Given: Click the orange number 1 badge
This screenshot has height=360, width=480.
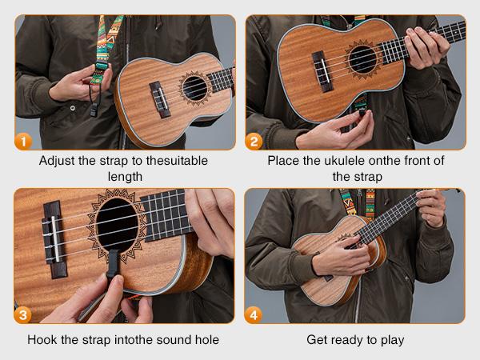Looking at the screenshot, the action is click(23, 142).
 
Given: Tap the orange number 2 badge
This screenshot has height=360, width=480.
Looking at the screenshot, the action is click(254, 142).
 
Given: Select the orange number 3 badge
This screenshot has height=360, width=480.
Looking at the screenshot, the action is click(23, 314).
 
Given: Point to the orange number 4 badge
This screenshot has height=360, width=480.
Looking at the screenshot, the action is click(254, 314).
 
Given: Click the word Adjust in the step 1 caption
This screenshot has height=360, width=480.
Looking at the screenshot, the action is click(57, 161).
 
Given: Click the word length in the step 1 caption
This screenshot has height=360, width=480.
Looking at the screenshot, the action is click(125, 177).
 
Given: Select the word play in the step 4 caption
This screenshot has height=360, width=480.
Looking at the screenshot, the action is click(393, 341).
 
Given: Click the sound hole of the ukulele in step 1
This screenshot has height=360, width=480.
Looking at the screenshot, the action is click(194, 89).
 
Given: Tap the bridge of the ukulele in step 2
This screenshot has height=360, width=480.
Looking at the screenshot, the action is click(322, 71).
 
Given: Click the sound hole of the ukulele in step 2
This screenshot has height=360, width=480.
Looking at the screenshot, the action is click(362, 59).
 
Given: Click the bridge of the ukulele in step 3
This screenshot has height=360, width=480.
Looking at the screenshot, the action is click(54, 239).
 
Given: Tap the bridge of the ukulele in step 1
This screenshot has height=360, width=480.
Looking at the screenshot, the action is click(160, 99).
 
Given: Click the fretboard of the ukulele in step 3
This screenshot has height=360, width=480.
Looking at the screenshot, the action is click(167, 215).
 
